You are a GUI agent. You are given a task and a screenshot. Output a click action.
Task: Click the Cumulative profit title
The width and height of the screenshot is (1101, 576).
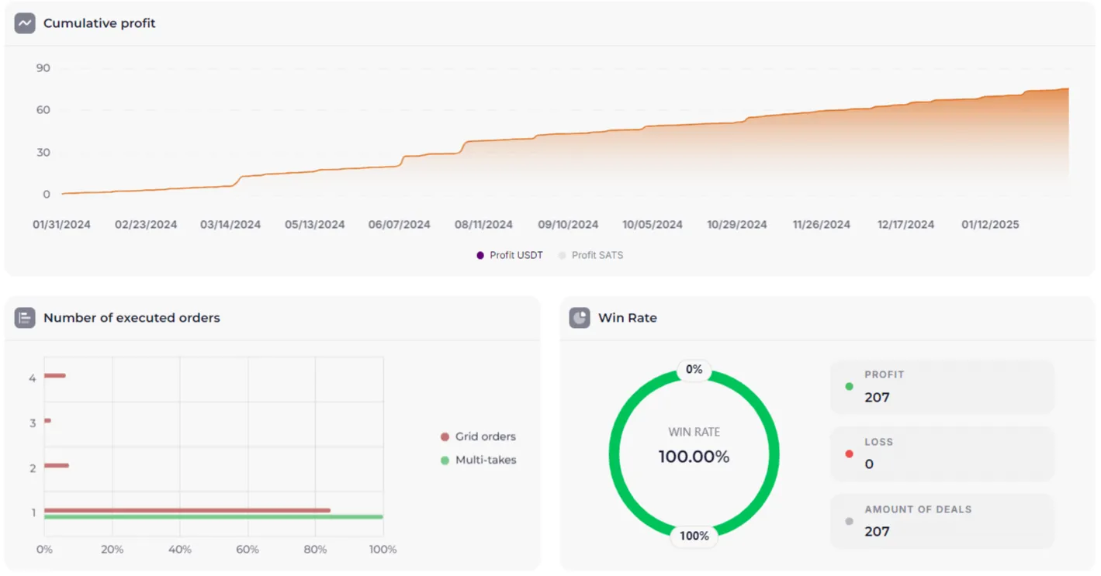click(x=99, y=23)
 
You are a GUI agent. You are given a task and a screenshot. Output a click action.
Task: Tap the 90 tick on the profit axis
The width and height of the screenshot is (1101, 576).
click(x=43, y=68)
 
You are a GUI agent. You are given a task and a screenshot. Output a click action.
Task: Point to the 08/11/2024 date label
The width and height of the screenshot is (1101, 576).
click(x=483, y=225)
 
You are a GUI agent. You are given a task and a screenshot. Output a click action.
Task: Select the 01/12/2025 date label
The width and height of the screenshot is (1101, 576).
click(x=990, y=225)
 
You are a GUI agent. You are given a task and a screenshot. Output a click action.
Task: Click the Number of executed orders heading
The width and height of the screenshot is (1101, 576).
click(x=131, y=318)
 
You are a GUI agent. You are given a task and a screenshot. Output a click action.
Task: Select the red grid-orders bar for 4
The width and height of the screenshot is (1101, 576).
click(x=54, y=376)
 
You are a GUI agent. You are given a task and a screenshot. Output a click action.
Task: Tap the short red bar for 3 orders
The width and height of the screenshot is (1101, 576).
click(x=47, y=421)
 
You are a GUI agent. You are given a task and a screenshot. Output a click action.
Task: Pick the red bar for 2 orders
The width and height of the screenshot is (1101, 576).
click(x=56, y=465)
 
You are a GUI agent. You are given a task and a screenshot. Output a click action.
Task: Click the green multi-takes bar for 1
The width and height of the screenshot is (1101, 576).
click(x=213, y=517)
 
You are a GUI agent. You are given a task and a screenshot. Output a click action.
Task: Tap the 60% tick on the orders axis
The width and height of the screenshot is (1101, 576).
click(x=248, y=550)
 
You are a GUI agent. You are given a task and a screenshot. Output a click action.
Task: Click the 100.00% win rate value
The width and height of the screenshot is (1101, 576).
click(x=694, y=457)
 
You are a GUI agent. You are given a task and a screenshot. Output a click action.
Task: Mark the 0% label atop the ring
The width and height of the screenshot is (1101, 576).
click(x=694, y=370)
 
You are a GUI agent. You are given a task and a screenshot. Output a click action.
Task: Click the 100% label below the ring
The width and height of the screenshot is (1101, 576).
click(x=694, y=536)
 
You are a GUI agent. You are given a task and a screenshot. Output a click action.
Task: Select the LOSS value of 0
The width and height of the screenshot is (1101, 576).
click(x=869, y=464)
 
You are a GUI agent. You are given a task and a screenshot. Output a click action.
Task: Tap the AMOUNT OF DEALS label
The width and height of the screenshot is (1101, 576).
click(x=918, y=509)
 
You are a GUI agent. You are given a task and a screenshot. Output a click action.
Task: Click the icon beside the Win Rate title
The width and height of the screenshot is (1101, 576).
click(x=580, y=318)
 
